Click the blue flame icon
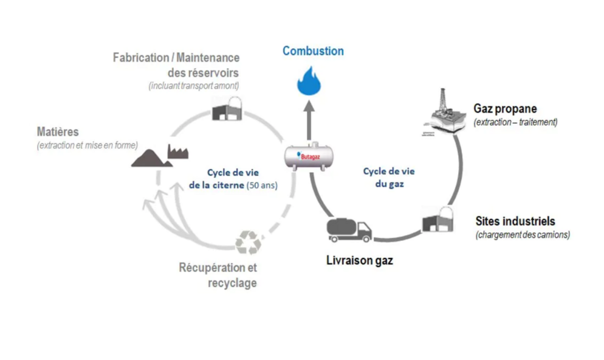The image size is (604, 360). [x=312, y=81]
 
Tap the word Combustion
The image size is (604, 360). [x=313, y=51]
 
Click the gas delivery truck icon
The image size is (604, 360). [x=349, y=229]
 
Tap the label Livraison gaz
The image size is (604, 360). [x=359, y=261]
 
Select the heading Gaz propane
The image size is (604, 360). [x=505, y=109]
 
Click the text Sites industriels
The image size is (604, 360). [x=515, y=221]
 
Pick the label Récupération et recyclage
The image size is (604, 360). [x=218, y=275]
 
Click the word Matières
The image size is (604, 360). [x=58, y=132]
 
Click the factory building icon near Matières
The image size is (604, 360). [x=177, y=151]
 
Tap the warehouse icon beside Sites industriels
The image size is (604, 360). [x=439, y=218]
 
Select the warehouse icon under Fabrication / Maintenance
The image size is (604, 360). [x=226, y=109]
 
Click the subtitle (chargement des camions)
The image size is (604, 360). [x=523, y=235]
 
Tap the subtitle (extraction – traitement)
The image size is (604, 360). [x=515, y=122]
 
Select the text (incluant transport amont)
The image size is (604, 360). [x=194, y=86]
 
